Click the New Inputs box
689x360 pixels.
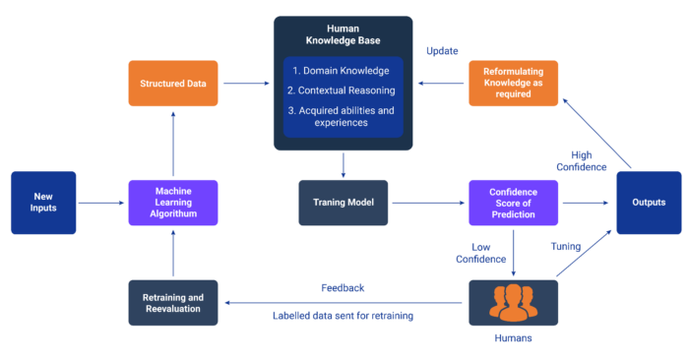pyautogui.click(x=42, y=203)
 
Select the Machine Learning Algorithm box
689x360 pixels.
pyautogui.click(x=172, y=203)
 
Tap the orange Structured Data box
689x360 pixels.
pyautogui.click(x=172, y=84)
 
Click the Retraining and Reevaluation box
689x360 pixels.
pyautogui.click(x=172, y=303)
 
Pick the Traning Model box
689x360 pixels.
pyautogui.click(x=344, y=203)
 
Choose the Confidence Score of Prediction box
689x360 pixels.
pyautogui.click(x=513, y=203)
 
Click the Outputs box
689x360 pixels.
pyautogui.click(x=648, y=203)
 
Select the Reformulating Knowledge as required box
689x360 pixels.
pyautogui.click(x=513, y=84)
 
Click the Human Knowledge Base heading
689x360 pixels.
pyautogui.click(x=344, y=36)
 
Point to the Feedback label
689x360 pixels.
pyautogui.click(x=344, y=288)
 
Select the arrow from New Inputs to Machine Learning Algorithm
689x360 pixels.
pyautogui.click(x=101, y=203)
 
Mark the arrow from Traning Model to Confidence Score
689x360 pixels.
pyautogui.click(x=427, y=203)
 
